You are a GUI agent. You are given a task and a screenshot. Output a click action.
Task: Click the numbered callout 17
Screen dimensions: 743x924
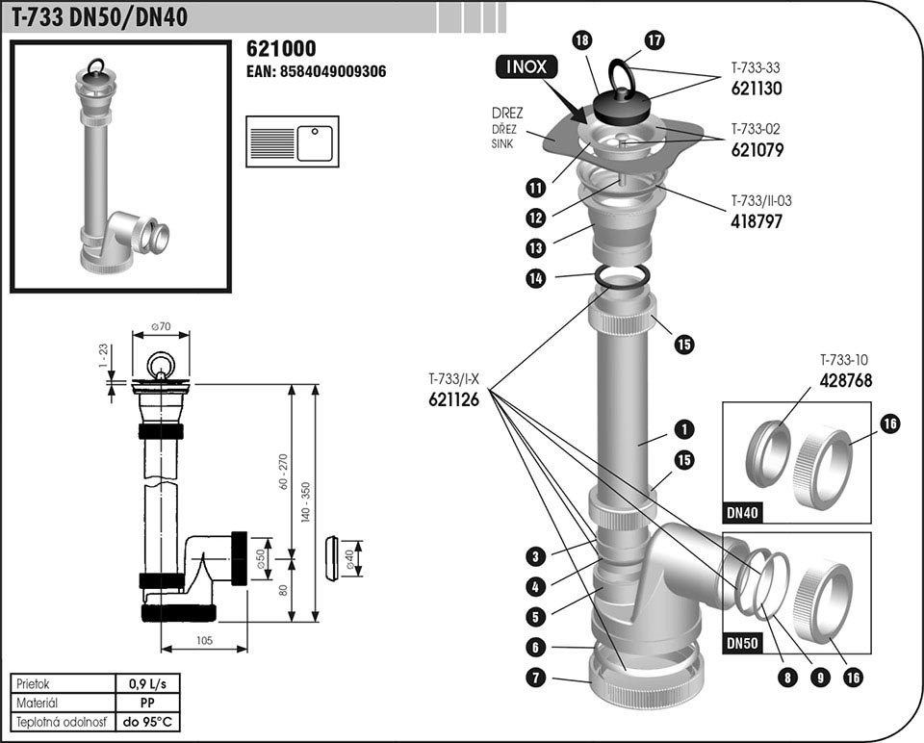pos(654,39)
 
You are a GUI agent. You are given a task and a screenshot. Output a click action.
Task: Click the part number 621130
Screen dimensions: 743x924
pos(756,88)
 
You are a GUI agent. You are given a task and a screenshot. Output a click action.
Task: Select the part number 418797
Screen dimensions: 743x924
pos(756,220)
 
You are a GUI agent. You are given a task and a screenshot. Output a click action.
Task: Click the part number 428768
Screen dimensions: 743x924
pos(846,380)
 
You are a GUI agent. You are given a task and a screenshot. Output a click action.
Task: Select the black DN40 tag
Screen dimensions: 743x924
pos(743,513)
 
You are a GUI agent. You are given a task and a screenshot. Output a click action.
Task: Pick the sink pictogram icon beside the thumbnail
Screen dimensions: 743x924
pos(292,142)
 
